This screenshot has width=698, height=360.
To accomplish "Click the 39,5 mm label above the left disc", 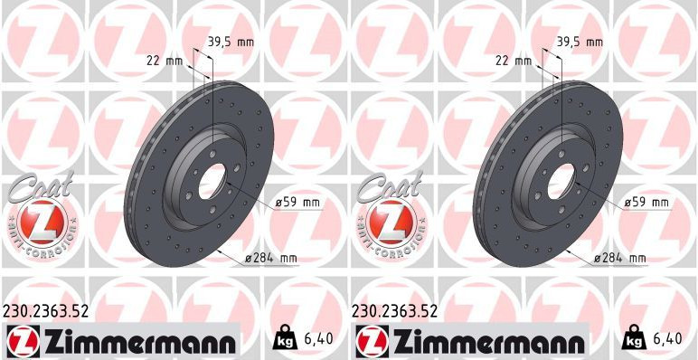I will tap(231, 42).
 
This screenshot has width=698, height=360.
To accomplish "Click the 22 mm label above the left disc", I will tap(165, 61).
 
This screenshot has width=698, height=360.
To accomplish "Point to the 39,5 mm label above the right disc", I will tap(580, 42).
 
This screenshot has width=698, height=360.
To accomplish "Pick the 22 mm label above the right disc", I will tap(514, 61).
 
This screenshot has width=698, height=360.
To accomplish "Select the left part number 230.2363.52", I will tap(45, 310).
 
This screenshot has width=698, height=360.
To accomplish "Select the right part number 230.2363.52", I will tap(394, 310).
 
